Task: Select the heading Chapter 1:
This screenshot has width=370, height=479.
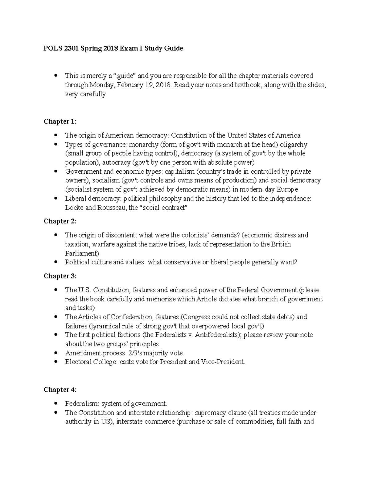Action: click(60, 122)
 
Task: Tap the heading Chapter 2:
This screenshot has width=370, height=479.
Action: click(60, 221)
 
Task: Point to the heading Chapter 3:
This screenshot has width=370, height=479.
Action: click(60, 276)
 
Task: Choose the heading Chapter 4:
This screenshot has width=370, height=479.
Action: click(60, 390)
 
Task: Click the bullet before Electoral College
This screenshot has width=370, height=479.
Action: click(55, 362)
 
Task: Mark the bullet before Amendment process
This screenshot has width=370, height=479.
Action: click(55, 353)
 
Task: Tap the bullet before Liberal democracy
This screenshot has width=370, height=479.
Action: click(55, 198)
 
